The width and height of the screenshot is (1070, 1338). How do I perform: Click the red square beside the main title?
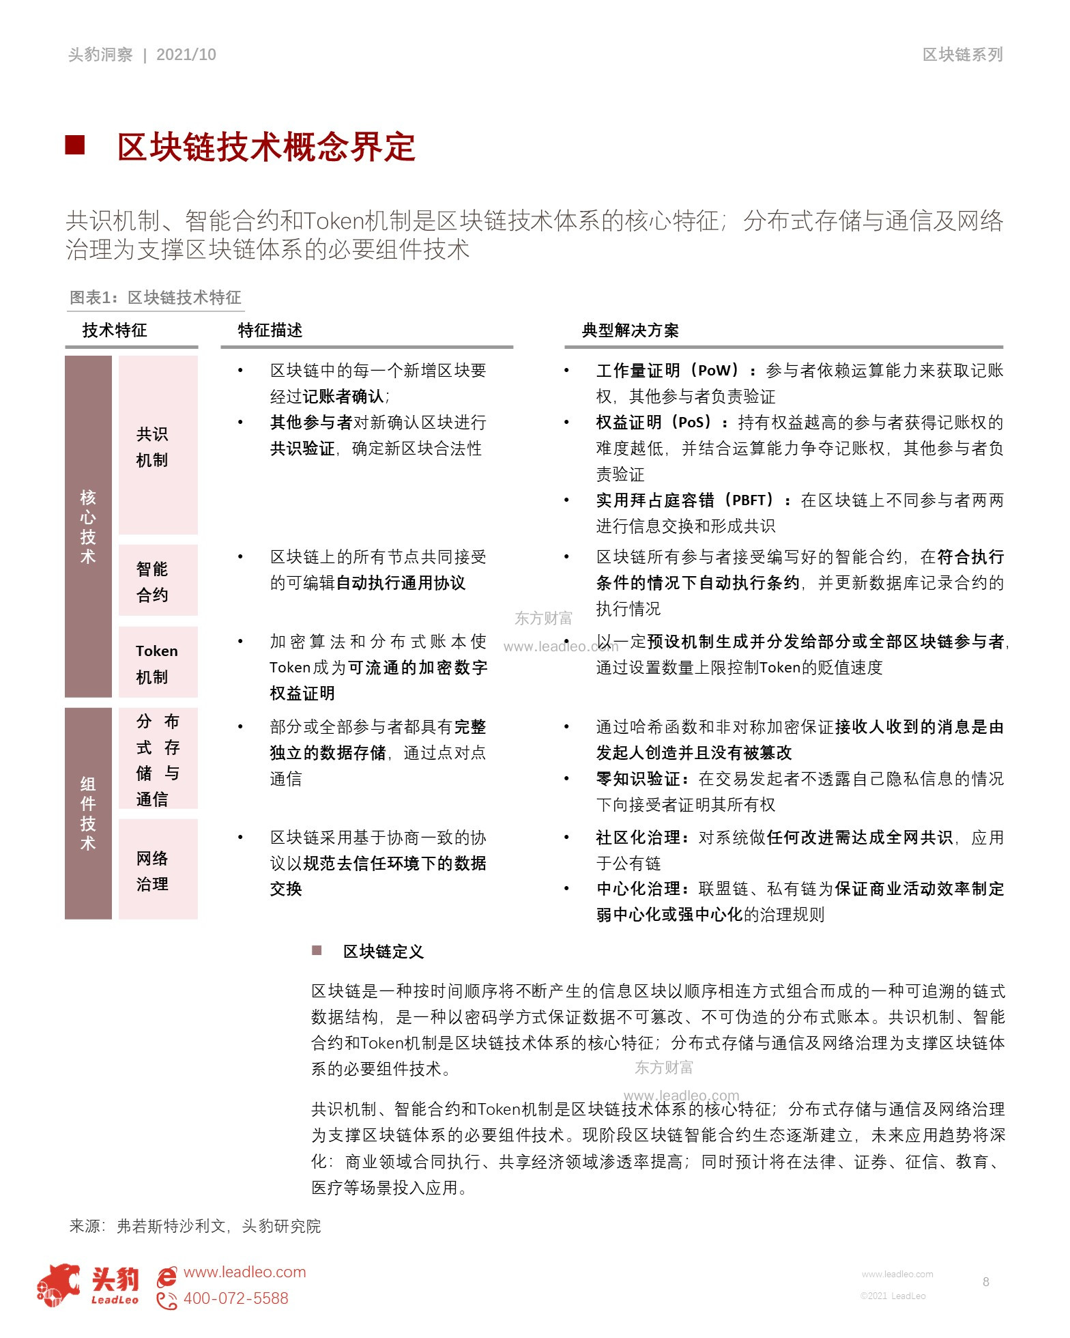click(75, 145)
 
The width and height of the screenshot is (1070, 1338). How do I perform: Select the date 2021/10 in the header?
click(186, 55)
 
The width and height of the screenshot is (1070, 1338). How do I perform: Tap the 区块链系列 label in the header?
click(962, 55)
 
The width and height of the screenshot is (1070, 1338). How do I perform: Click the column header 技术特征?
click(115, 330)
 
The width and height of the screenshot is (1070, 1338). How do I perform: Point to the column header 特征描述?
click(270, 330)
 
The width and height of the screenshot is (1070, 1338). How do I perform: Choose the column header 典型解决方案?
click(630, 330)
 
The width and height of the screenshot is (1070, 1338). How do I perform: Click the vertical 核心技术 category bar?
click(88, 526)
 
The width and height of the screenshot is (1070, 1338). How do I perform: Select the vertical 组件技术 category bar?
click(88, 813)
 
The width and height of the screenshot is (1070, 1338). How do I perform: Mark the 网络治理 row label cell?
click(158, 871)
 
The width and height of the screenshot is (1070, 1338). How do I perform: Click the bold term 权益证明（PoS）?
click(654, 423)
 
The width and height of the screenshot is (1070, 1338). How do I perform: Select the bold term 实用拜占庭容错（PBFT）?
click(686, 500)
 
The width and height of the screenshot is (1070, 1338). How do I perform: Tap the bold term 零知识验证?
click(638, 779)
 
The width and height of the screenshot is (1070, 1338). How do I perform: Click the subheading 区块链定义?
click(383, 952)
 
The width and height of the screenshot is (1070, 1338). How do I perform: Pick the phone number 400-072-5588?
click(235, 1298)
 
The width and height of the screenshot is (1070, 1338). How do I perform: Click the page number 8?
click(985, 1282)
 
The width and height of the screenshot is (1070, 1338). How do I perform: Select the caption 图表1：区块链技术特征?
click(156, 298)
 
